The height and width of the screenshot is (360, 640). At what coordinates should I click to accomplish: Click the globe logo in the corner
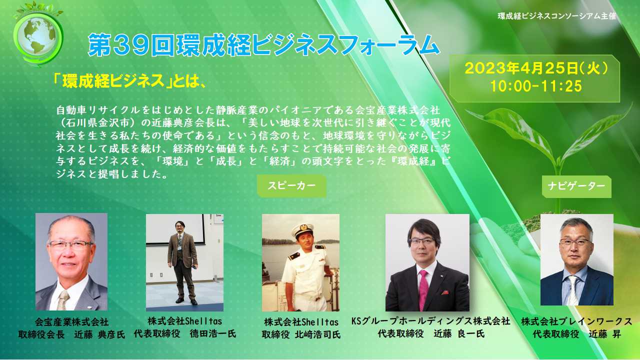tap(38, 34)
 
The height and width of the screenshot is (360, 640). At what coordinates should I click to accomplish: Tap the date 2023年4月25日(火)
tap(535, 68)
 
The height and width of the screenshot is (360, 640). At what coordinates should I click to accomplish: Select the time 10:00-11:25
tap(535, 85)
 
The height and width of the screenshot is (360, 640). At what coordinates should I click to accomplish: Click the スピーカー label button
tap(291, 185)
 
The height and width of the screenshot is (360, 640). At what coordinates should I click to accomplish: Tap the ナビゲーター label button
tap(576, 186)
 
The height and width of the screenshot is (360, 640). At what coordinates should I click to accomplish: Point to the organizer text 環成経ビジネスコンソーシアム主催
tap(557, 16)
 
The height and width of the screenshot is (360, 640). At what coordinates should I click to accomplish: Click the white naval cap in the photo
tap(303, 229)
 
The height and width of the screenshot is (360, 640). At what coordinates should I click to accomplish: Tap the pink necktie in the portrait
tap(423, 290)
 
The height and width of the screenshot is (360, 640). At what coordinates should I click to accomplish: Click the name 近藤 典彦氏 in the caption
tap(99, 334)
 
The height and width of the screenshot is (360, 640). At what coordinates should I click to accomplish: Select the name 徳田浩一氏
tap(213, 333)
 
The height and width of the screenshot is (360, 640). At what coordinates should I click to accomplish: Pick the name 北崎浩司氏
tap(317, 334)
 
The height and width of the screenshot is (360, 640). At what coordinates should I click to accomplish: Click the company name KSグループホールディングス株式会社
tap(431, 321)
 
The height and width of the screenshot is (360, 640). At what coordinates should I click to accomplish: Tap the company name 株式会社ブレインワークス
tap(576, 321)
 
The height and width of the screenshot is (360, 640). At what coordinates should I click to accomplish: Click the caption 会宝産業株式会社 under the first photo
tap(71, 322)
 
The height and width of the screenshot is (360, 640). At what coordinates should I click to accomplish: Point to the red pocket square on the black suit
tap(444, 292)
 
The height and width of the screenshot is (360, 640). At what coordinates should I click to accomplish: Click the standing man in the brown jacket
tap(182, 262)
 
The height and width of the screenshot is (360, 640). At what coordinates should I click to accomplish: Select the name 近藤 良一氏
tap(459, 333)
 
